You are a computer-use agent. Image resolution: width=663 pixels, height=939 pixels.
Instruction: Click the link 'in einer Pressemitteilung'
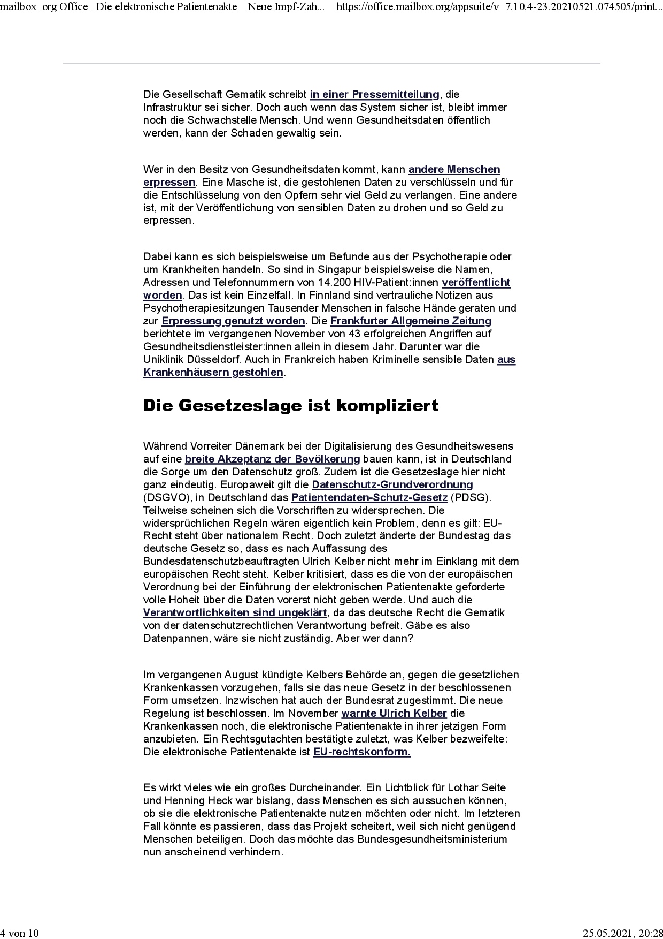pos(374,95)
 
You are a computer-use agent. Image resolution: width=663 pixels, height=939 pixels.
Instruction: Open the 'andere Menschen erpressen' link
pos(454,170)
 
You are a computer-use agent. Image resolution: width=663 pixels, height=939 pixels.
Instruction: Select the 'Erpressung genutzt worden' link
pos(233,321)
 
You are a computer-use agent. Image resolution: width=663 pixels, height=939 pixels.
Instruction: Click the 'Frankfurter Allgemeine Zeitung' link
pos(411,321)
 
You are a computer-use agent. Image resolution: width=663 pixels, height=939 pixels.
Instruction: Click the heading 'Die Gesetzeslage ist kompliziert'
pos(291,405)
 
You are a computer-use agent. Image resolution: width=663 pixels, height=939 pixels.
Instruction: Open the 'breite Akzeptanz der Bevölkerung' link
pos(272,459)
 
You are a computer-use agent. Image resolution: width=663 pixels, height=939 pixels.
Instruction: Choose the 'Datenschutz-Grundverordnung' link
pos(392,484)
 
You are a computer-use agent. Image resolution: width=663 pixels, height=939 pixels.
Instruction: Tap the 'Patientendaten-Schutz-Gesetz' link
pos(369,497)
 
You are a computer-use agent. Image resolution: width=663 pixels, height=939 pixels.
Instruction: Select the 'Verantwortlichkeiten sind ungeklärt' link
pos(235,612)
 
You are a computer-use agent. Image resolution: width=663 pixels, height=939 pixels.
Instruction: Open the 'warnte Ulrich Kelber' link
pos(394,713)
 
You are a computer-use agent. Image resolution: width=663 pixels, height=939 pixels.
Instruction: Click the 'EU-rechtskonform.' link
pos(362,752)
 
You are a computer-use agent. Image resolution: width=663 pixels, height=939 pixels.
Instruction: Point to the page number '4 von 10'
pos(20,933)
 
